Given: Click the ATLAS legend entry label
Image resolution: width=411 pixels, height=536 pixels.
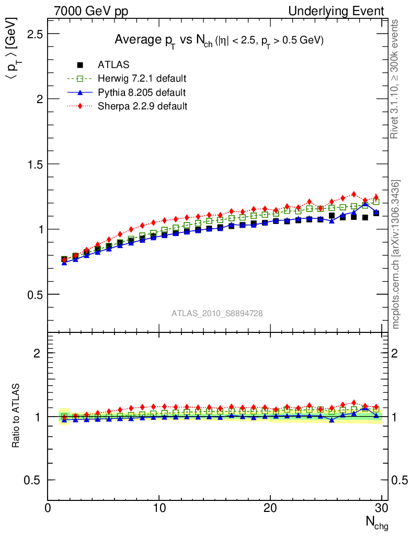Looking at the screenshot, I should (113, 65).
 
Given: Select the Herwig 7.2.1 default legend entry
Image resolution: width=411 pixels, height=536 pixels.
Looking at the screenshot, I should (142, 79).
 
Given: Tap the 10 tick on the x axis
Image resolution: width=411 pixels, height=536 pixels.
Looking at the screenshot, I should (159, 508).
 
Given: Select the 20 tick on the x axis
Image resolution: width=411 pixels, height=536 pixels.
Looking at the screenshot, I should (270, 508).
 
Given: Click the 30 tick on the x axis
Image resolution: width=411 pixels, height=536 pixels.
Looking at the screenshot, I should (381, 508).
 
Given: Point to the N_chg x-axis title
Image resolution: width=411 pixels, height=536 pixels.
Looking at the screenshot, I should (376, 522).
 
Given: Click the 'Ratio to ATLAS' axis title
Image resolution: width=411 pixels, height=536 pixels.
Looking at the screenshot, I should (16, 416).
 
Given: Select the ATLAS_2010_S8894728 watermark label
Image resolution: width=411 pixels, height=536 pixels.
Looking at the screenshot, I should (217, 313).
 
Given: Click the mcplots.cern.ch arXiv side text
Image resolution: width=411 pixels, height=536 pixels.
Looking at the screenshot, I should (396, 254).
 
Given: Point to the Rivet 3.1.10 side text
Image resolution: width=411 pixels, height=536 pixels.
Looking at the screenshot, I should (395, 79).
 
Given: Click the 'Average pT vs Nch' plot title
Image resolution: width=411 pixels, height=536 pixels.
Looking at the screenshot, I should (219, 41).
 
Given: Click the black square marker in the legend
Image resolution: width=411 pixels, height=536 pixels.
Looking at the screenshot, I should (80, 65).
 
